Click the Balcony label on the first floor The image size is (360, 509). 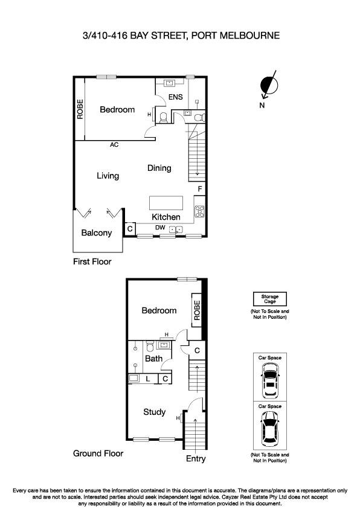click(97, 233)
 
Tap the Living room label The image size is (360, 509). click(108, 176)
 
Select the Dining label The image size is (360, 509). click(159, 168)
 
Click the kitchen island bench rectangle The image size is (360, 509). click(166, 202)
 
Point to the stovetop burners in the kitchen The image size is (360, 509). click(199, 211)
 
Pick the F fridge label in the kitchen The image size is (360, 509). click(199, 189)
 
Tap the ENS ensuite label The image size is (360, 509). click(175, 97)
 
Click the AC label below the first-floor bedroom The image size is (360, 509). click(114, 145)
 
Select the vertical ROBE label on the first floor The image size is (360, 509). click(80, 109)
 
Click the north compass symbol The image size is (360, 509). click(267, 86)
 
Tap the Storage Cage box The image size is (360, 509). click(269, 299)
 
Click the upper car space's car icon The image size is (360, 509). click(269, 382)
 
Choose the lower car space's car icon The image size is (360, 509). click(269, 431)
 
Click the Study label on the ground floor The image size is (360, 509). click(155, 412)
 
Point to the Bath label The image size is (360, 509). click(154, 359)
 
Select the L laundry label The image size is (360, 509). click(148, 379)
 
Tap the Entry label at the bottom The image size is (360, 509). click(196, 459)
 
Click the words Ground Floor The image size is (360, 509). click(98, 453)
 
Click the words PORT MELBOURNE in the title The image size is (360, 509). click(235, 36)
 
